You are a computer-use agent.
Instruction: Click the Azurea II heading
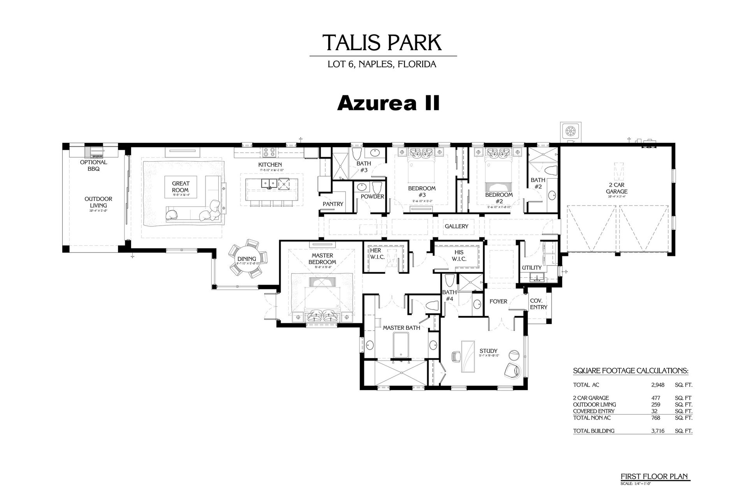[x=388, y=103]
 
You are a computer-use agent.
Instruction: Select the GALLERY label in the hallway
[x=456, y=226]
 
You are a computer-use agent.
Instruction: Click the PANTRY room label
[x=333, y=204]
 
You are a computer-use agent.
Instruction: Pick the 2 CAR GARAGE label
[x=617, y=189]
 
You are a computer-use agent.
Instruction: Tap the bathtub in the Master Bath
[x=401, y=345]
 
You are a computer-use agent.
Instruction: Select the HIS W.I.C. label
[x=459, y=256]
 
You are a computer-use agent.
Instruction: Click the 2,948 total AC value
[x=657, y=385]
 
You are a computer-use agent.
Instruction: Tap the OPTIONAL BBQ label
[x=93, y=166]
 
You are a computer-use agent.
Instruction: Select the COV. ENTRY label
[x=538, y=304]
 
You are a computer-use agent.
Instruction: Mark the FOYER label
[x=498, y=301]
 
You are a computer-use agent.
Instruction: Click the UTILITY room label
[x=532, y=268]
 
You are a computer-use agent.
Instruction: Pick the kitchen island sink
[x=269, y=183]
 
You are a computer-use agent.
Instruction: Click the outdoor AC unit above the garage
[x=570, y=131]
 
